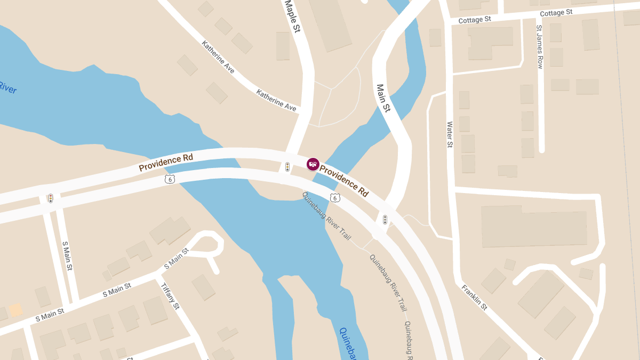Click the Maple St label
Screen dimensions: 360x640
(293, 16)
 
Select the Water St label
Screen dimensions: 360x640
(450, 134)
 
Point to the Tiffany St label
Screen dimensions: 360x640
(170, 295)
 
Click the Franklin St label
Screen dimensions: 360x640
(474, 297)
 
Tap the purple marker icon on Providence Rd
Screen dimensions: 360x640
(313, 164)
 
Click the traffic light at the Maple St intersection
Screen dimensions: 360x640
(287, 167)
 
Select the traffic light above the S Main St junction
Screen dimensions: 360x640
(51, 198)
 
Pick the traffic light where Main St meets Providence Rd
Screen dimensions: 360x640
(385, 220)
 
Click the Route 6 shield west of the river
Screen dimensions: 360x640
(170, 179)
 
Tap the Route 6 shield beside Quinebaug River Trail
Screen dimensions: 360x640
(335, 198)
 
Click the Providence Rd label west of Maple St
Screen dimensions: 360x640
(165, 162)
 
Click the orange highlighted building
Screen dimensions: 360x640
(16, 310)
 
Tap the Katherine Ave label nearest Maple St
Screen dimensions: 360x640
(276, 100)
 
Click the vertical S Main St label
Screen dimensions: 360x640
(67, 256)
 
